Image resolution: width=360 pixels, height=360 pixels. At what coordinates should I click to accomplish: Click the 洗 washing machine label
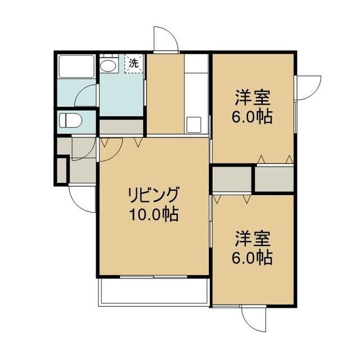134,63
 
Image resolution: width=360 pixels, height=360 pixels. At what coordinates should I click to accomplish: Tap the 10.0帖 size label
153,214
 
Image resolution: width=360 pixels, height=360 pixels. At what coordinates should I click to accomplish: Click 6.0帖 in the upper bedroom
252,116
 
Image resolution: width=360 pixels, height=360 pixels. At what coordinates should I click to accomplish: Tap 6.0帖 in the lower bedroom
252,258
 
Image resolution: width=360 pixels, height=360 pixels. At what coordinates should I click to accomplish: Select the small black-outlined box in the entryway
62,170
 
